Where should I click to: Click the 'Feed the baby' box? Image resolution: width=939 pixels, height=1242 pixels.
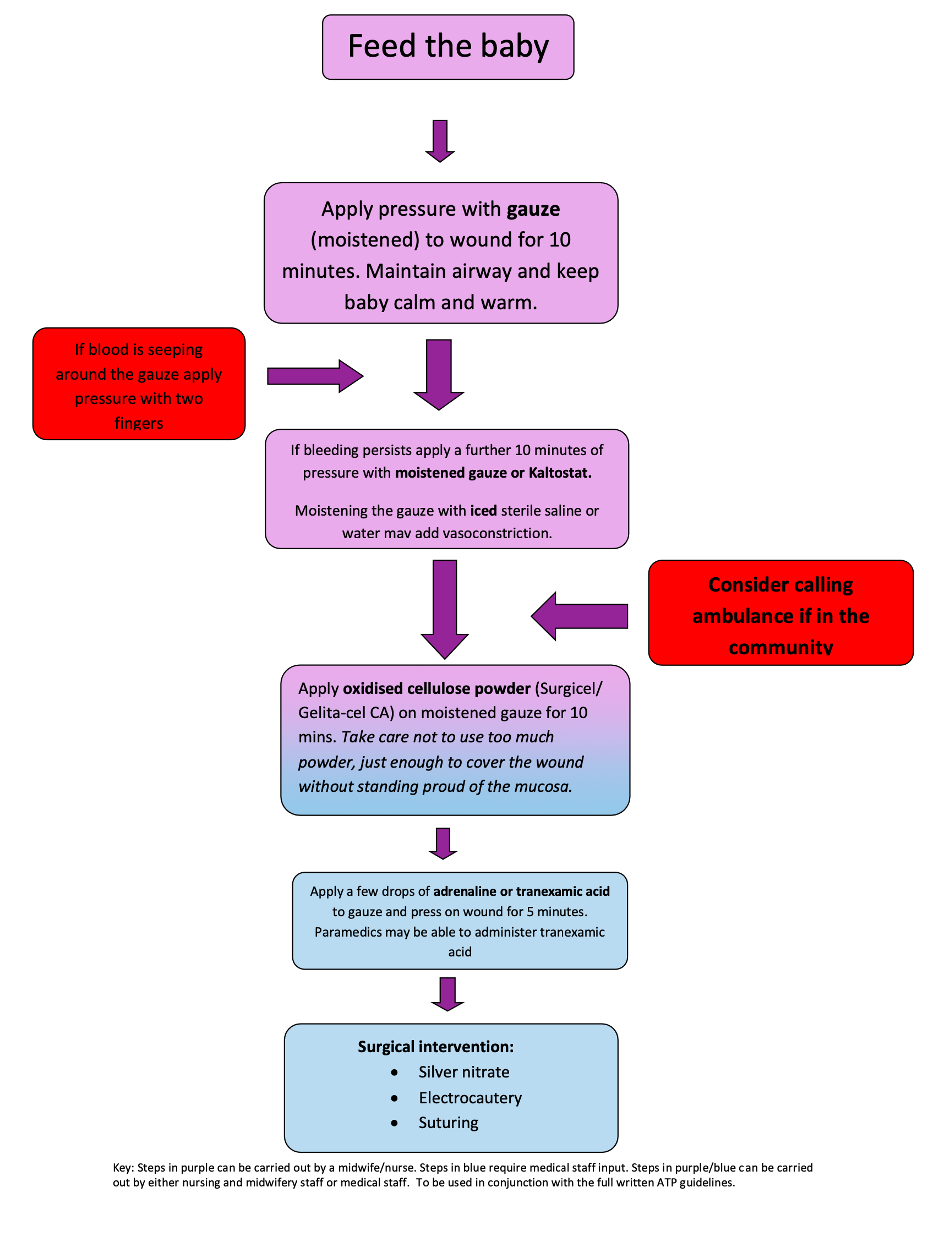(x=447, y=47)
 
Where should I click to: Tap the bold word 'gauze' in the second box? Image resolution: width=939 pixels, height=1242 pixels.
(x=533, y=210)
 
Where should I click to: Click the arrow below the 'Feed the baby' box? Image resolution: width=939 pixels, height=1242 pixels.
(x=440, y=141)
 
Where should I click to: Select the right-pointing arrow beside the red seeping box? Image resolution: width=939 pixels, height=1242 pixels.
(x=314, y=376)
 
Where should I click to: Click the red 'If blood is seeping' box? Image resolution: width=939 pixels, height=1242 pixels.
(x=139, y=384)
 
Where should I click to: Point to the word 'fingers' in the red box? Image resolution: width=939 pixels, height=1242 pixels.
(x=139, y=423)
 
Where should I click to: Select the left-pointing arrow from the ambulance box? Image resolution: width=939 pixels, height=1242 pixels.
(x=580, y=616)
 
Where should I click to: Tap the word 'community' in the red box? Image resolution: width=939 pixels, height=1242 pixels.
(x=780, y=647)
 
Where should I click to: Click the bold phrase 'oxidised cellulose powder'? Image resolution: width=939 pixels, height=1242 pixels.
(x=436, y=688)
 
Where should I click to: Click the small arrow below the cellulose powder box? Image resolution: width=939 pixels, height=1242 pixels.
(x=443, y=843)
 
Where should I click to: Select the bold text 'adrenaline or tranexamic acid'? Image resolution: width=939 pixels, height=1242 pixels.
(x=521, y=891)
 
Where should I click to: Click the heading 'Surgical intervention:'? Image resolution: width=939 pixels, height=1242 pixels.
(x=435, y=1047)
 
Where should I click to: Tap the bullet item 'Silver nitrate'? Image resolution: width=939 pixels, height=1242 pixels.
(x=463, y=1072)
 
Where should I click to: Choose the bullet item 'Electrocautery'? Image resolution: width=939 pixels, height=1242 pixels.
(x=470, y=1097)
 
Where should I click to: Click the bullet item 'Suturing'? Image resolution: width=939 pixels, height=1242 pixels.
(x=448, y=1123)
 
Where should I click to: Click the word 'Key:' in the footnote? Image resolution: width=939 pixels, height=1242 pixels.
(x=123, y=1168)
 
